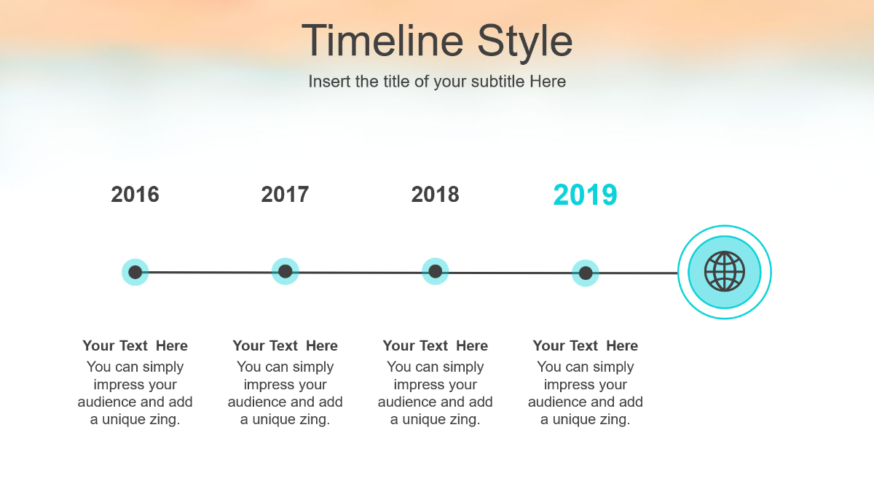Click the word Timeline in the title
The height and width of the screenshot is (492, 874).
(x=382, y=41)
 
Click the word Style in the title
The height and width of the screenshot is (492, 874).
(x=525, y=43)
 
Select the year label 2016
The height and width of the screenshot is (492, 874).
(x=135, y=194)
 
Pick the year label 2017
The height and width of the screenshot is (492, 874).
(x=285, y=194)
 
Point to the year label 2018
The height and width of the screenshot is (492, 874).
(x=435, y=194)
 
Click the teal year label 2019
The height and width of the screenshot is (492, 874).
(x=586, y=195)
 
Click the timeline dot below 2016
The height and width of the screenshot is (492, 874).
(x=135, y=272)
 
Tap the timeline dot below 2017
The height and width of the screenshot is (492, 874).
(x=286, y=271)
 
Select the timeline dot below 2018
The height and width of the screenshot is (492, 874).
(x=435, y=271)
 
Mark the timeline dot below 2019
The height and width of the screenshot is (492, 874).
(x=586, y=273)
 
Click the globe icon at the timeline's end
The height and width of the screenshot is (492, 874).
(x=725, y=271)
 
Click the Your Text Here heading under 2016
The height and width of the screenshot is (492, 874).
(x=135, y=345)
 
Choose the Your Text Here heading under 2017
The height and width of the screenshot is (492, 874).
(x=286, y=345)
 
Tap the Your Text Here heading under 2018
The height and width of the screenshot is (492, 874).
(x=435, y=345)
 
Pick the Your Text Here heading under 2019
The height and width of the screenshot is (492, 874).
(x=586, y=345)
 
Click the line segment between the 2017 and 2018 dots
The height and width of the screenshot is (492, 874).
(x=360, y=273)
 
